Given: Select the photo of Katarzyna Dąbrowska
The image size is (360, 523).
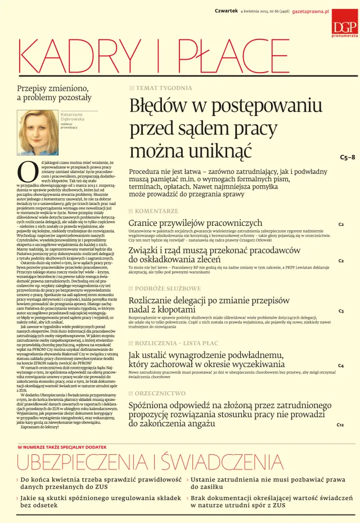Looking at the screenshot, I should click(38, 127).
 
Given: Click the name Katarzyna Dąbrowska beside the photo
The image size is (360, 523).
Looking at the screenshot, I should click(72, 117).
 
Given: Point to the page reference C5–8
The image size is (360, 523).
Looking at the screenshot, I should click(348, 157).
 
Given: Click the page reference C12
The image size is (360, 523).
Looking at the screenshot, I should click(340, 424).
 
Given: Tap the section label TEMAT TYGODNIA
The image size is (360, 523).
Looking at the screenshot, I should click(163, 88).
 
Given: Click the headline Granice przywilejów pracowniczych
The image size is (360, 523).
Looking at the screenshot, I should click(195, 223).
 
